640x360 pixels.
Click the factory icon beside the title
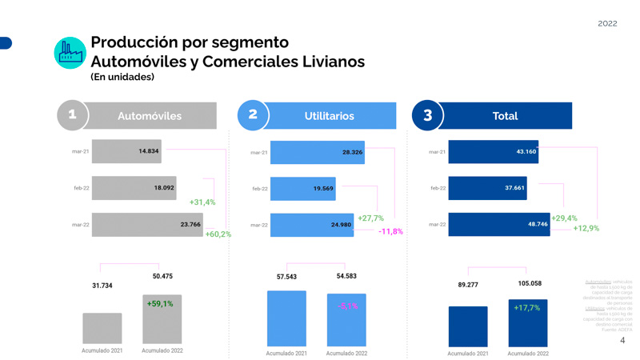[70, 53]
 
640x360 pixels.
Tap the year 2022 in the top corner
[607, 23]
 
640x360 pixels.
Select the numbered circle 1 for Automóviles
[72, 115]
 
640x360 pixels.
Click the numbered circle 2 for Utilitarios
[253, 115]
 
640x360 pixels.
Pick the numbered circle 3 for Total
[427, 115]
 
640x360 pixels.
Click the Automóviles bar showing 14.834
[126, 151]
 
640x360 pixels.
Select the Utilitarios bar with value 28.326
[317, 152]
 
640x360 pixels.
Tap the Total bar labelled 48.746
[498, 225]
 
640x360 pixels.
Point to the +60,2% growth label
[218, 234]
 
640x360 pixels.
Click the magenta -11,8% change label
[390, 231]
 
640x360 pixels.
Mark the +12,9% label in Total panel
[586, 229]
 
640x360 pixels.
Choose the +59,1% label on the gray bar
[160, 304]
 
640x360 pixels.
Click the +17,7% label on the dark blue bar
[527, 308]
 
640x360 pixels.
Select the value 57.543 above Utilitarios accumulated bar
[286, 277]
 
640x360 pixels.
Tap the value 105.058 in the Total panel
[529, 283]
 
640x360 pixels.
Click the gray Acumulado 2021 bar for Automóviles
[102, 329]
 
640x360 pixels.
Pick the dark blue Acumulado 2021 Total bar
[468, 326]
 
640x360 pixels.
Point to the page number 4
[622, 341]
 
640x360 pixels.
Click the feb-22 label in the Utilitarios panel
[259, 189]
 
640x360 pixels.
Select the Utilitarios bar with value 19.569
[302, 189]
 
